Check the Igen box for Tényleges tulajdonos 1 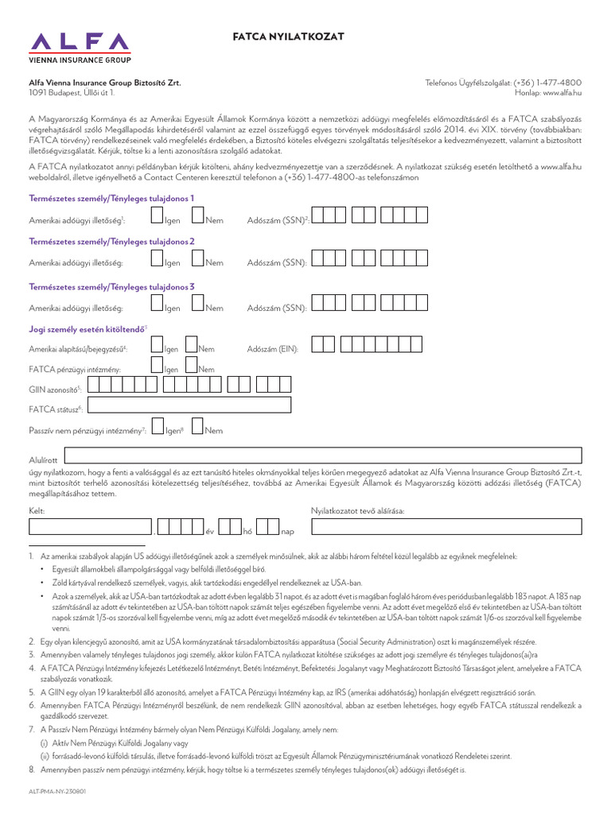(157, 216)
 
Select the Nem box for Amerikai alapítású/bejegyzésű (192, 344)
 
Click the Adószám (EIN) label (272, 349)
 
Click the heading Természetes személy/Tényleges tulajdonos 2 (111, 242)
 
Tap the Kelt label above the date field (37, 511)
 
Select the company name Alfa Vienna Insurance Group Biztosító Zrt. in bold (104, 83)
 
